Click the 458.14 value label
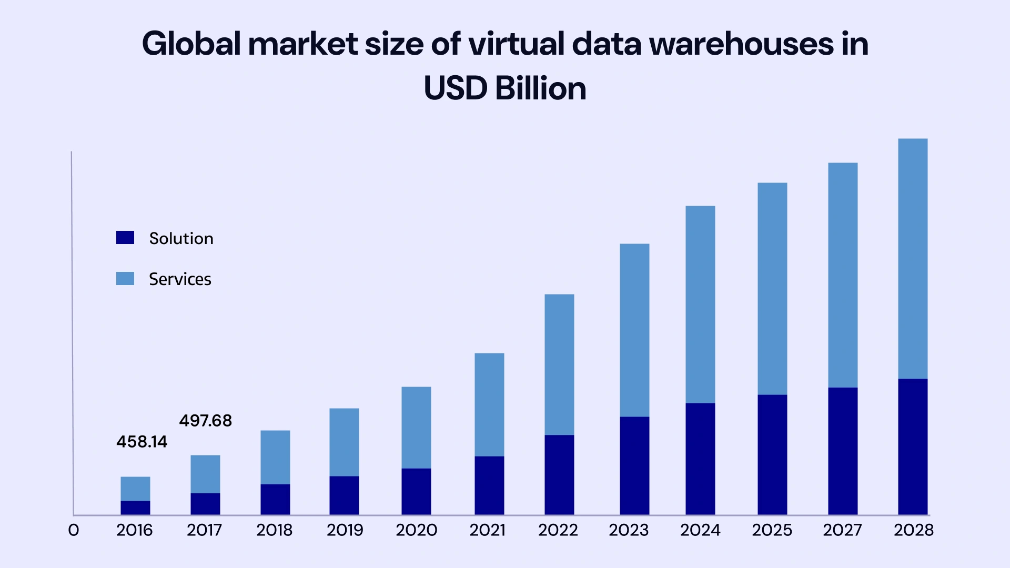pyautogui.click(x=142, y=442)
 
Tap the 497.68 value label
pyautogui.click(x=205, y=421)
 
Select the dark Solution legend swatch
pyautogui.click(x=125, y=238)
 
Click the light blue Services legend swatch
pyautogui.click(x=125, y=279)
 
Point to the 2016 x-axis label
pyautogui.click(x=135, y=530)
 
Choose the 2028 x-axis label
pyautogui.click(x=913, y=530)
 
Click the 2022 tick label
pyautogui.click(x=558, y=530)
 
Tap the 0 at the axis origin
pyautogui.click(x=74, y=530)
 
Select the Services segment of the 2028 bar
pyautogui.click(x=913, y=258)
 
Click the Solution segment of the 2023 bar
pyautogui.click(x=634, y=465)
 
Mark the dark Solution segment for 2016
pyautogui.click(x=135, y=508)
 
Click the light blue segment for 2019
pyautogui.click(x=344, y=442)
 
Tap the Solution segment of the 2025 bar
pyautogui.click(x=772, y=454)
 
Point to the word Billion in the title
pyautogui.click(x=540, y=88)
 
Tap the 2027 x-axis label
pyautogui.click(x=842, y=530)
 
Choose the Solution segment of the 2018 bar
pyautogui.click(x=275, y=499)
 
